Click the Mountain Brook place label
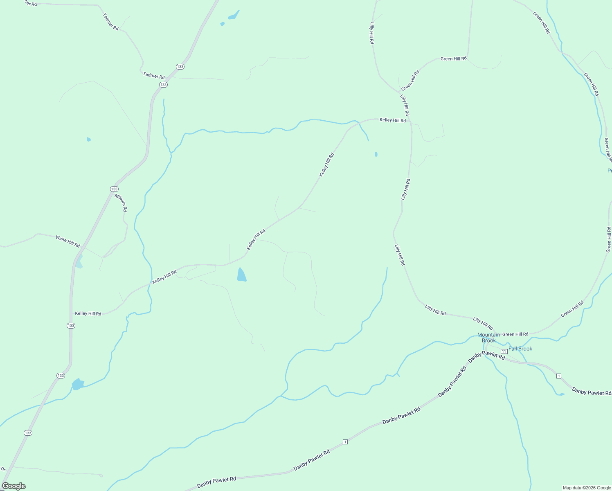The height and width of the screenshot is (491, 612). (488, 338)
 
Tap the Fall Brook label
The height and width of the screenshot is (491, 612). (520, 349)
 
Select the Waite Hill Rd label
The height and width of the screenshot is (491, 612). (68, 241)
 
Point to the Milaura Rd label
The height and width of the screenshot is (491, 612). (121, 203)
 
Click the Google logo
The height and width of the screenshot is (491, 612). (14, 486)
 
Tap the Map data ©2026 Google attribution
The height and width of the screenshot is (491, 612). (586, 488)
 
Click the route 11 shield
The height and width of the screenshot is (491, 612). (504, 351)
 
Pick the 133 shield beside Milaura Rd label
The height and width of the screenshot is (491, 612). (114, 189)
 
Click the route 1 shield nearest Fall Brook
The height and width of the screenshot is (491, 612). (558, 376)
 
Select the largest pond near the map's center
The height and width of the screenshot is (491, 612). (241, 275)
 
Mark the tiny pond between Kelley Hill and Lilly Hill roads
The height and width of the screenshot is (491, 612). (376, 154)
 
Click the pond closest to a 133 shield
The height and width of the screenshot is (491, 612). (77, 384)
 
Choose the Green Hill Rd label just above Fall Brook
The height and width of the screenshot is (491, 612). (515, 334)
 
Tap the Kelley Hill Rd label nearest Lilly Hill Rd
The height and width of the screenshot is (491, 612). (392, 120)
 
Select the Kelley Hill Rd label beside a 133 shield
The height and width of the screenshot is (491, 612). (88, 313)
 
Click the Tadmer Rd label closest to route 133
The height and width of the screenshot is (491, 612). (154, 76)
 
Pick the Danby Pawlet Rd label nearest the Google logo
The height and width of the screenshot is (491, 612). (216, 482)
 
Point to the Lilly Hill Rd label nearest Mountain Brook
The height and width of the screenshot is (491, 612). (483, 323)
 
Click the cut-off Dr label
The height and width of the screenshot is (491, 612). (3, 469)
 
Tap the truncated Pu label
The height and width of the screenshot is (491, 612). (609, 171)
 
